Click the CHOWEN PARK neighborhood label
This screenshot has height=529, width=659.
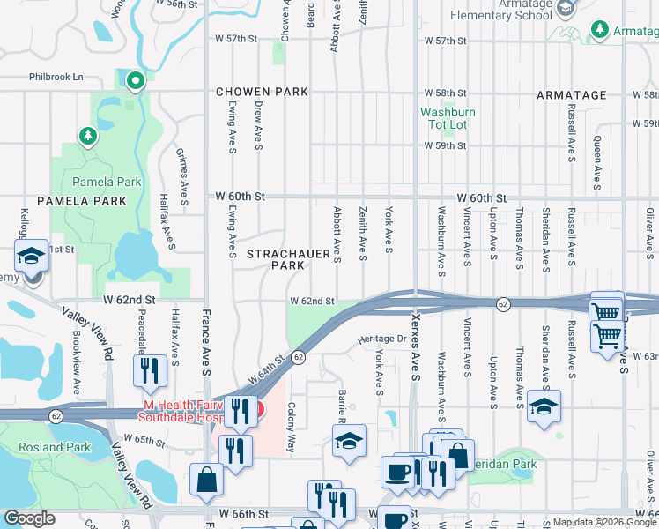[x=263, y=92]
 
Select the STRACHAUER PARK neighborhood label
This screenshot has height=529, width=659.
[x=276, y=259]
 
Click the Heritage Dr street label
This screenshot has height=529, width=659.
[x=380, y=339]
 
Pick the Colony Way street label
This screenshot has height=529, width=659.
[x=290, y=428]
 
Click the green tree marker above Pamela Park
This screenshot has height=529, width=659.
[x=87, y=137]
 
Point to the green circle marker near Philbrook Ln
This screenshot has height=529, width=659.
[x=135, y=82]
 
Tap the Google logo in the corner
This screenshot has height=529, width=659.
[x=30, y=518]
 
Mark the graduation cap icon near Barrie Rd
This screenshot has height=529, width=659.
[x=349, y=442]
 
